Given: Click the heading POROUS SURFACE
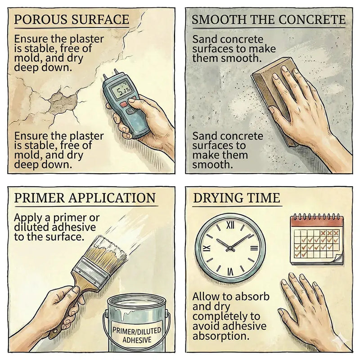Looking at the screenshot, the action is [72, 19].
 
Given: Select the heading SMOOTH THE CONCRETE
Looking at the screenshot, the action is [269, 19].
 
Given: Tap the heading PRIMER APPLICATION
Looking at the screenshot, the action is [85, 198].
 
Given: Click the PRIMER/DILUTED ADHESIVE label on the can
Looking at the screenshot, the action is [137, 335].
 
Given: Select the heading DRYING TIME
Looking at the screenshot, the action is [237, 198].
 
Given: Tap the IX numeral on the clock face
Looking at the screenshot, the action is [207, 248].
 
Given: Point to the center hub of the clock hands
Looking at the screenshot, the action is [230, 248].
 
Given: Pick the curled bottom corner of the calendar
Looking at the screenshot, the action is [338, 260].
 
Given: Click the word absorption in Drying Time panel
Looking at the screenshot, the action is [221, 336].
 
